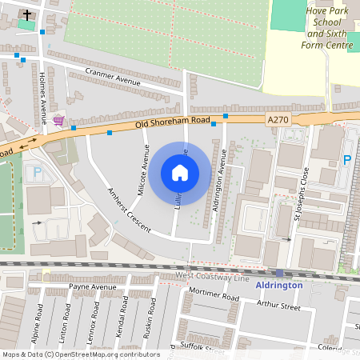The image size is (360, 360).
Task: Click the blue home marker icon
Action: pos(180,172)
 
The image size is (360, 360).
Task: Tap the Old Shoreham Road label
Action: pos(172,121)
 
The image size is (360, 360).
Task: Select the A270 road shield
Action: pos(278,119)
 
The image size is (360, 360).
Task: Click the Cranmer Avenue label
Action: pos(112,78)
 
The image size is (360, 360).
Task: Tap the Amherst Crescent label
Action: pos(129,210)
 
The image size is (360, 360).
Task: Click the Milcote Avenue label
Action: pos(145,171)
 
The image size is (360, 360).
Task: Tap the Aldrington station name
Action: pos(279,285)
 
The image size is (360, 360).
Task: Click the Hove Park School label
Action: pos(326,30)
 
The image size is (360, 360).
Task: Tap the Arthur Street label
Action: pos(278,306)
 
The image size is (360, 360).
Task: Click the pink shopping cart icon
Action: pos(58,121)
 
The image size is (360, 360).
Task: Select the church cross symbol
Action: pos(28,14)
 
